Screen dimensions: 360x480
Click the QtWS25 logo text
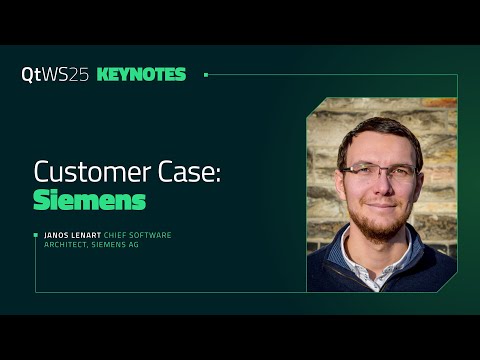pyautogui.click(x=55, y=75)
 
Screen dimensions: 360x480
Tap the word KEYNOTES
pyautogui.click(x=141, y=75)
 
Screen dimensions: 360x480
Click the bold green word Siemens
pyautogui.click(x=89, y=199)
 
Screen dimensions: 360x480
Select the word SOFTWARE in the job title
pyautogui.click(x=154, y=235)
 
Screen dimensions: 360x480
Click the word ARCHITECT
pyautogui.click(x=65, y=244)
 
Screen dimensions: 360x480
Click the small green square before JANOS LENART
pyautogui.click(x=36, y=235)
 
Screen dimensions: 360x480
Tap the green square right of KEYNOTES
pyautogui.click(x=206, y=74)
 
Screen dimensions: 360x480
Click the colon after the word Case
pyautogui.click(x=217, y=174)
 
